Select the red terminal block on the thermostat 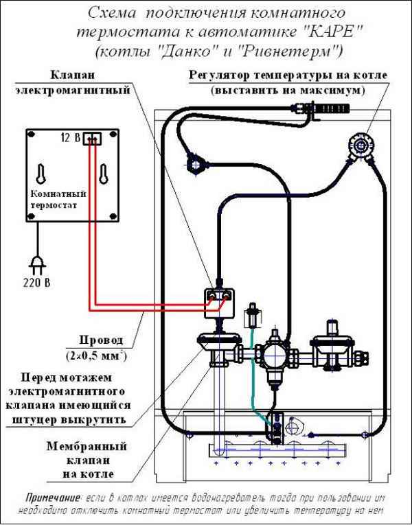tap(91, 139)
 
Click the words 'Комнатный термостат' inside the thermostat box tap(54, 199)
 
